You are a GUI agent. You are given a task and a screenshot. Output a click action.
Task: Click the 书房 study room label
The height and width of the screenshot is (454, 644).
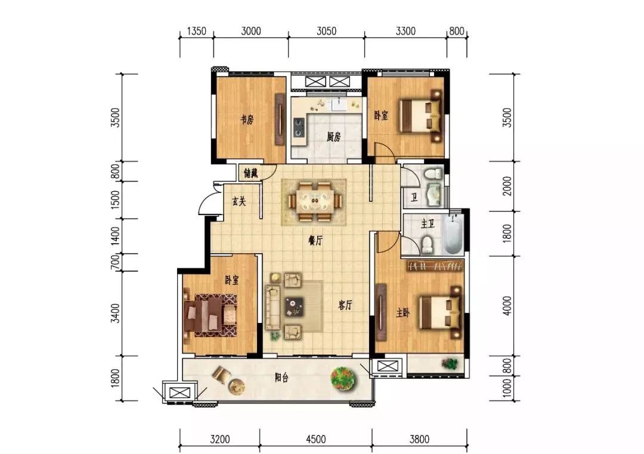[247, 120]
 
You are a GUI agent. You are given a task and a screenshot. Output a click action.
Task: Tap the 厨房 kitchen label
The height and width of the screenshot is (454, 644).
[333, 136]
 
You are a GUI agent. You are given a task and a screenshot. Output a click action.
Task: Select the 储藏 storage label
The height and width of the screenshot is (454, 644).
[250, 173]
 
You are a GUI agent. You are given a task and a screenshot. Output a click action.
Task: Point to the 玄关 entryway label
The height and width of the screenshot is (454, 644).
[239, 201]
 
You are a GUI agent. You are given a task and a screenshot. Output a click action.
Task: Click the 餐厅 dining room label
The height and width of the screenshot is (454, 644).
[315, 241]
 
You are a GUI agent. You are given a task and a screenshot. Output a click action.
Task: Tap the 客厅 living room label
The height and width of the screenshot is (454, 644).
[345, 305]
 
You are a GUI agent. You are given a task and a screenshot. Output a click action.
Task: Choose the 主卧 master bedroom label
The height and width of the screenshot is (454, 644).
[403, 313]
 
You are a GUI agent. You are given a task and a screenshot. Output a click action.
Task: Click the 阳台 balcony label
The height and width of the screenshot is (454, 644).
[281, 378]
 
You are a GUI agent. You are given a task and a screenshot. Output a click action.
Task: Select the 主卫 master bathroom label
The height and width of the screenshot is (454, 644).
[428, 224]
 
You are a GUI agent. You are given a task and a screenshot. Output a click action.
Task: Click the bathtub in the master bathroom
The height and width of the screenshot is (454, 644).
[453, 234]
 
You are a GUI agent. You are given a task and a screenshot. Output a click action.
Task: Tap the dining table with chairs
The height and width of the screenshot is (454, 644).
[315, 201]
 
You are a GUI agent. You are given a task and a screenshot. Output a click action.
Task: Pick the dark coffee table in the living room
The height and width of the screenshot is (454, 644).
[295, 307]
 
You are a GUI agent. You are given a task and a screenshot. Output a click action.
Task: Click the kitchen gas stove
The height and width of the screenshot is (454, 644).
[299, 128]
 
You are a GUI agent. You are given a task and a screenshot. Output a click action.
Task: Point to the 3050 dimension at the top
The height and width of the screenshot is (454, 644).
[327, 31]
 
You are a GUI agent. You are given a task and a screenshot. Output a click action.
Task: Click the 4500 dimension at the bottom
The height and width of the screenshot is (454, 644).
[316, 439]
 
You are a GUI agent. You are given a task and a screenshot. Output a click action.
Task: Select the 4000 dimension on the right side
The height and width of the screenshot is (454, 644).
[507, 306]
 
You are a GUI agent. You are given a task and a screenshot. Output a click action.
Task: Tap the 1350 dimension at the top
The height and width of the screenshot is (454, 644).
[196, 31]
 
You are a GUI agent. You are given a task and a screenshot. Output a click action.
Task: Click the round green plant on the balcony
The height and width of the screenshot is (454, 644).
[343, 378]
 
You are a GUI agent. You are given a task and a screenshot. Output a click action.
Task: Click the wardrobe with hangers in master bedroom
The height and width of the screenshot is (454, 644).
[435, 266]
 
